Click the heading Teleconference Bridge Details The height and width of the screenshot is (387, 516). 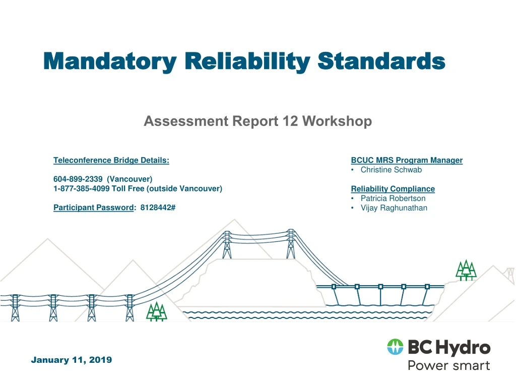(x=111, y=160)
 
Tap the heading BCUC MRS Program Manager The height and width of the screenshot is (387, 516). (x=407, y=160)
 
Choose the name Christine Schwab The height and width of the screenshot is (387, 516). (x=391, y=170)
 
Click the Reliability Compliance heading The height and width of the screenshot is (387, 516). (x=393, y=189)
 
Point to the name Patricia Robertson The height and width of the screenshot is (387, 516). (x=393, y=199)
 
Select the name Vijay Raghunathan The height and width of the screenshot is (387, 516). (x=394, y=208)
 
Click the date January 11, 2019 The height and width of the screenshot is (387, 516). (x=72, y=360)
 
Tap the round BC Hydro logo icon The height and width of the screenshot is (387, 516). (x=396, y=347)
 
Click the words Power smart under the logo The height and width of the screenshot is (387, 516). (x=448, y=365)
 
